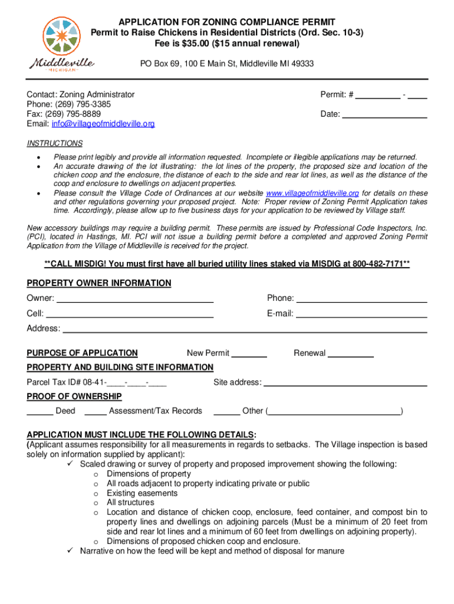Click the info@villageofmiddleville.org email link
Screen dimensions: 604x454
103,124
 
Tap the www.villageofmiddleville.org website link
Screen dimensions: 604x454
312,193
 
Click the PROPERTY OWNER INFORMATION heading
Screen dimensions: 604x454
99,283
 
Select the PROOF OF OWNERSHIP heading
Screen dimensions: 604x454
74,396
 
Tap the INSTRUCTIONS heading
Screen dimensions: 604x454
55,143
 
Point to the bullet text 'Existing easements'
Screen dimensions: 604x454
142,493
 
